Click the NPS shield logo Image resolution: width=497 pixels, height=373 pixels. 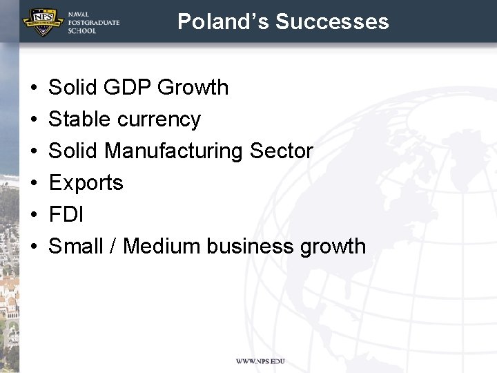[x=43, y=21]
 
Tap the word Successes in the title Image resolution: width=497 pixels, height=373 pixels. [x=332, y=21]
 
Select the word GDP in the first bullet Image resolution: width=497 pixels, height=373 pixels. [x=124, y=88]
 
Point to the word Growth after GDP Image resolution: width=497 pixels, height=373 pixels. [x=193, y=88]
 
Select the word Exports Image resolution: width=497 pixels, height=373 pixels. [x=86, y=183]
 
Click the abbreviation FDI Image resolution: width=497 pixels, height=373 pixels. [x=66, y=215]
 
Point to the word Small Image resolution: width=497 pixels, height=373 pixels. [x=77, y=246]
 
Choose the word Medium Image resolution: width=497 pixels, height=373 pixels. [x=158, y=246]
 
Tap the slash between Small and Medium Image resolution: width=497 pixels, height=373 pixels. [x=113, y=246]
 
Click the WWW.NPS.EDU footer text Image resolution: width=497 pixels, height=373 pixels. [x=260, y=361]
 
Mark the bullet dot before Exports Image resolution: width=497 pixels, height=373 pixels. [x=33, y=184]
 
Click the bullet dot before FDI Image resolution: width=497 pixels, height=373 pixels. [x=33, y=216]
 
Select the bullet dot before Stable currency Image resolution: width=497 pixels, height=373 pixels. [x=33, y=120]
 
